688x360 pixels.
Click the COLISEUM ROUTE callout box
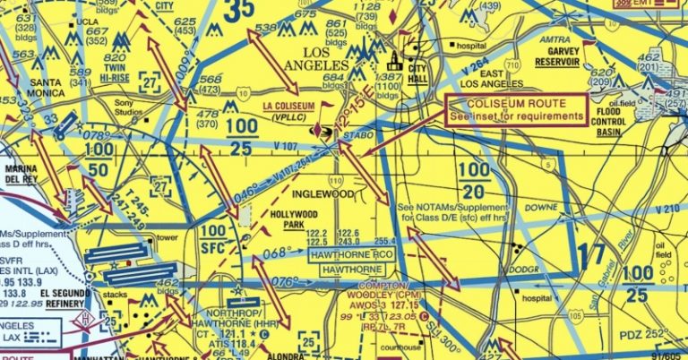[x=516, y=108]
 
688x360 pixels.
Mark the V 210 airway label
[x=666, y=210]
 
